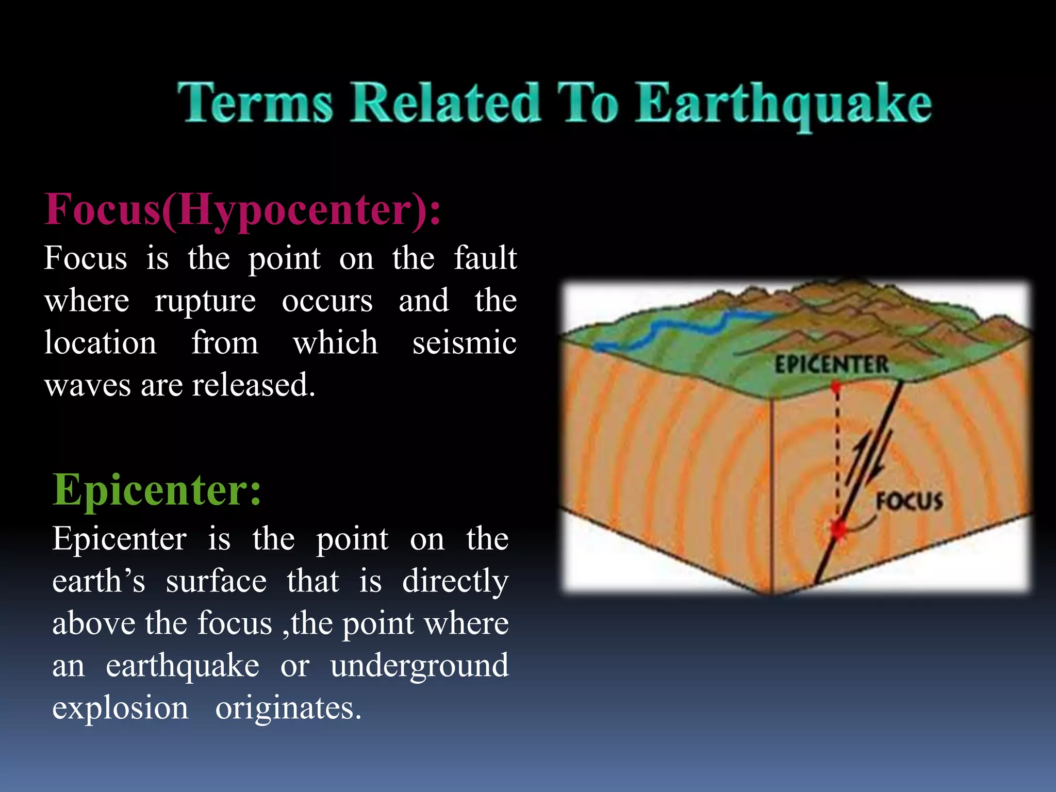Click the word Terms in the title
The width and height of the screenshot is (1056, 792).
pyautogui.click(x=255, y=103)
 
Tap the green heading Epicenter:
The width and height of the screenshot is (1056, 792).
pyautogui.click(x=157, y=490)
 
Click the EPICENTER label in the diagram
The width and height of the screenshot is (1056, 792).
pyautogui.click(x=831, y=365)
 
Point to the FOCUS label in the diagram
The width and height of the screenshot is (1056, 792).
pyautogui.click(x=910, y=502)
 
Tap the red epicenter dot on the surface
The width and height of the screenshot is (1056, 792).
pyautogui.click(x=836, y=386)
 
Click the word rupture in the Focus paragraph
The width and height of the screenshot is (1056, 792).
pyautogui.click(x=205, y=301)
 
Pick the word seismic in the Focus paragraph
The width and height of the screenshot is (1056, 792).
pyautogui.click(x=464, y=343)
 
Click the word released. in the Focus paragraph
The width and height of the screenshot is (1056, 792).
pyautogui.click(x=253, y=385)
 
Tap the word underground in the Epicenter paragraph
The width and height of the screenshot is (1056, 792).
pyautogui.click(x=419, y=666)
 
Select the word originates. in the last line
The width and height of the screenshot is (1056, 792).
pyautogui.click(x=288, y=708)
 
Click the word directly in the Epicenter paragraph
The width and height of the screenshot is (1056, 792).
pyautogui.click(x=455, y=582)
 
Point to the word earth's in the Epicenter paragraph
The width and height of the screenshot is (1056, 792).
pyautogui.click(x=98, y=582)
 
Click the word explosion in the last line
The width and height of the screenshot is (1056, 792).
pyautogui.click(x=120, y=708)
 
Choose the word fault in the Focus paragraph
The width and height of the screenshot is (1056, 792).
pyautogui.click(x=485, y=258)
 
